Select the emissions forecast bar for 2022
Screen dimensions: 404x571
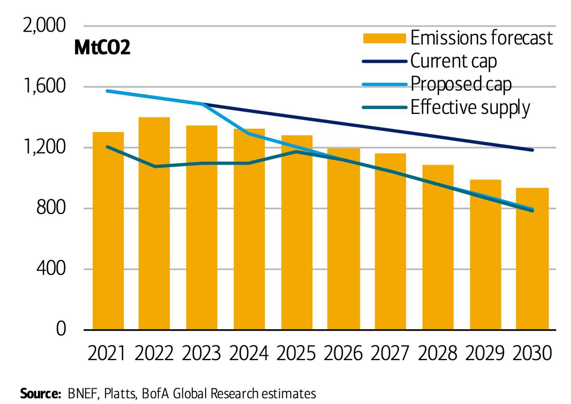[x=154, y=224]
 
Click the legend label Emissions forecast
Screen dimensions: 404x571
[x=481, y=38]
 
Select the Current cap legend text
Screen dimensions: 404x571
[x=453, y=61]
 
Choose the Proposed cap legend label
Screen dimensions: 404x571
[x=461, y=84]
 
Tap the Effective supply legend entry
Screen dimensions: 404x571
[x=470, y=107]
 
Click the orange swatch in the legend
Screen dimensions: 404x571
[x=384, y=38]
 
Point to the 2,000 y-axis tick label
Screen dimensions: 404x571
[x=44, y=26]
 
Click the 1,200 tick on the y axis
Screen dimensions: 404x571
[x=44, y=147]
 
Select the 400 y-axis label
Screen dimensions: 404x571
[x=51, y=268]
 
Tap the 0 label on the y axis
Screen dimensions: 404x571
[x=61, y=329]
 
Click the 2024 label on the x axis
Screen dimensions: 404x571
[x=249, y=353]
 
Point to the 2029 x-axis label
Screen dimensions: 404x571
[x=485, y=353]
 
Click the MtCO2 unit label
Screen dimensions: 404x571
[x=102, y=48]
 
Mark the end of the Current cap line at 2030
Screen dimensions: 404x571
[x=532, y=150]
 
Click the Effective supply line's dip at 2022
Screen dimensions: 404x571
[x=155, y=166]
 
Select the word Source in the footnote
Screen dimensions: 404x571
[x=40, y=393]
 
